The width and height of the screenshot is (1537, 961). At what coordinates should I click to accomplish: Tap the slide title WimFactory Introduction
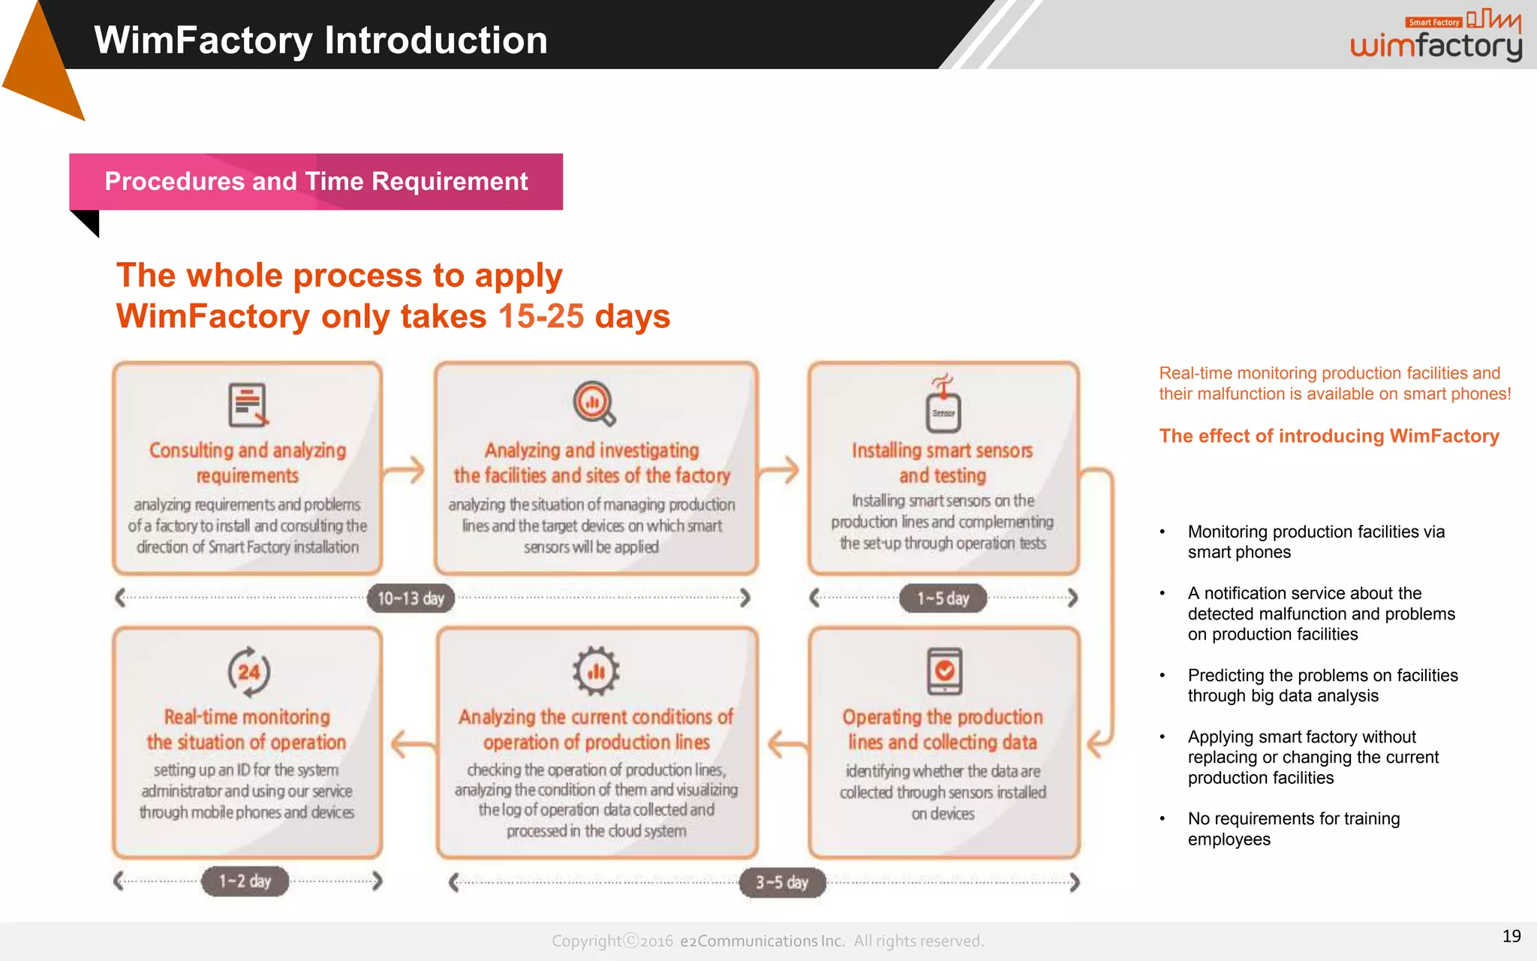click(x=320, y=41)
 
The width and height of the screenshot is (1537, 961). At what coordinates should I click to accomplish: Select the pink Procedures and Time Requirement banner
click(x=316, y=182)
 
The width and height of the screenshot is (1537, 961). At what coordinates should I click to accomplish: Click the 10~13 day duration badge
click(x=411, y=598)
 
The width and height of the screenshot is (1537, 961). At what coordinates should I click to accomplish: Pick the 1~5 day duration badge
click(x=943, y=598)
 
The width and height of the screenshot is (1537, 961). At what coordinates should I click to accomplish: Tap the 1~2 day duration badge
click(x=245, y=881)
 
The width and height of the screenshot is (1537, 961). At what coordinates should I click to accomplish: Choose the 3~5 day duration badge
click(x=782, y=882)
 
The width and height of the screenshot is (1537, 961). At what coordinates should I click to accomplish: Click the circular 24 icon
click(x=248, y=671)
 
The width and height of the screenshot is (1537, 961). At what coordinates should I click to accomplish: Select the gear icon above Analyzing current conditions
click(x=596, y=670)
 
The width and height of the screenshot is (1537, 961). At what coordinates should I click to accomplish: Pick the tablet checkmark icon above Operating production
click(x=944, y=670)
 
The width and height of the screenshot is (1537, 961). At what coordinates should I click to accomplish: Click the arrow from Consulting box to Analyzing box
click(x=405, y=471)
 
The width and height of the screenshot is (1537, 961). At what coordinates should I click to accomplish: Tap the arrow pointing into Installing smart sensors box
click(x=781, y=471)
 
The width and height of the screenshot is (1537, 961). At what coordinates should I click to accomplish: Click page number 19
click(x=1511, y=936)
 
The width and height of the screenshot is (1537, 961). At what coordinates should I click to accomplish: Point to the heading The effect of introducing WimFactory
click(x=1328, y=436)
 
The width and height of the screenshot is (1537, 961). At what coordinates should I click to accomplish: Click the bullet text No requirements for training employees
click(x=1293, y=829)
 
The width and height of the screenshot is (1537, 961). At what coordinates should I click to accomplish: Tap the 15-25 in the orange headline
click(x=540, y=316)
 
